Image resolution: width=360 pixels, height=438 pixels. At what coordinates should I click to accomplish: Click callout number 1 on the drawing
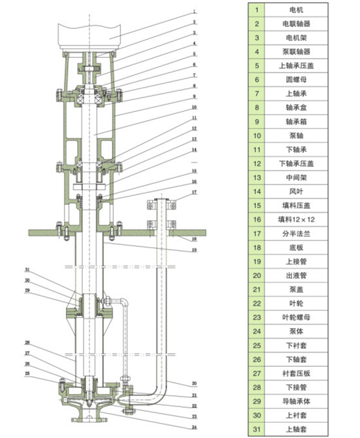point(195,13)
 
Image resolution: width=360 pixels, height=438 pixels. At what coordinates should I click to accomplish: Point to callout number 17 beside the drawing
point(195,192)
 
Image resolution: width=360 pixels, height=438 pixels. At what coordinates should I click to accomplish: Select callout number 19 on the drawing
point(195,250)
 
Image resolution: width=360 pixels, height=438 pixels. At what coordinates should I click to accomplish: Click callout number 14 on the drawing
point(195,150)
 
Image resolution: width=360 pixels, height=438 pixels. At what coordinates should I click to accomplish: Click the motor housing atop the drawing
point(90,29)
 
